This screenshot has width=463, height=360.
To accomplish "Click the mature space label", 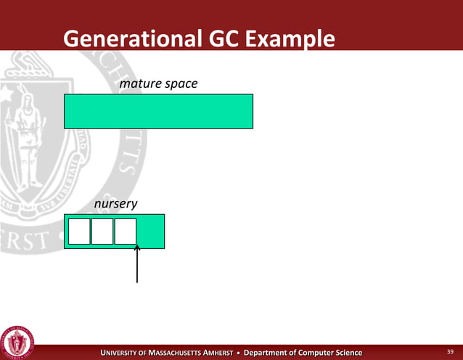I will tap(158, 85).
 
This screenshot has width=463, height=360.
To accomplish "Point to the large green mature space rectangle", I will tap(158, 111).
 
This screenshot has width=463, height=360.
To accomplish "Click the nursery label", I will tap(116, 205).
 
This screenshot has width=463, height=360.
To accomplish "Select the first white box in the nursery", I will tap(78, 231).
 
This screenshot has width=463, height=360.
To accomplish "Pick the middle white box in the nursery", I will tap(102, 231).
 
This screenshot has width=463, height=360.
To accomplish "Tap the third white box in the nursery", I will tap(126, 231).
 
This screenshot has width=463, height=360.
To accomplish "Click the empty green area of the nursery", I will tap(151, 231).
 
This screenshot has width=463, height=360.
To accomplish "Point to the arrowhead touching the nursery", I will tap(137, 249).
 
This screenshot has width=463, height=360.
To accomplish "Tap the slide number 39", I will tap(449, 353).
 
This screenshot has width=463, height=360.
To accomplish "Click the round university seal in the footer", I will tap(17, 340).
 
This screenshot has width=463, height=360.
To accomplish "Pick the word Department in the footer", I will tap(268, 353).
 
